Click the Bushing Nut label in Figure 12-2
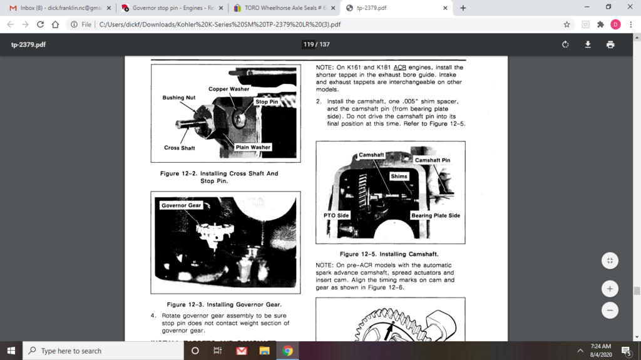click(x=179, y=98)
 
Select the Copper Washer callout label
click(x=228, y=89)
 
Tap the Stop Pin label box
click(x=266, y=101)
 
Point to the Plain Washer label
click(x=253, y=147)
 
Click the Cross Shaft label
click(x=179, y=148)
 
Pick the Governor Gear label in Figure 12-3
click(x=181, y=205)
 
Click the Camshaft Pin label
click(x=432, y=160)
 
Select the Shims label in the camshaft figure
click(x=399, y=177)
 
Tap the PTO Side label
click(x=336, y=215)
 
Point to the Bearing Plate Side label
click(x=435, y=215)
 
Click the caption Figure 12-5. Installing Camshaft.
click(x=389, y=254)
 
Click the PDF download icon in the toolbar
click(x=588, y=44)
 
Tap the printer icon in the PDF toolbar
click(x=610, y=44)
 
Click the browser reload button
click(x=41, y=24)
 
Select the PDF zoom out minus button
click(x=610, y=311)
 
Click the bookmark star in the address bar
click(x=567, y=24)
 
